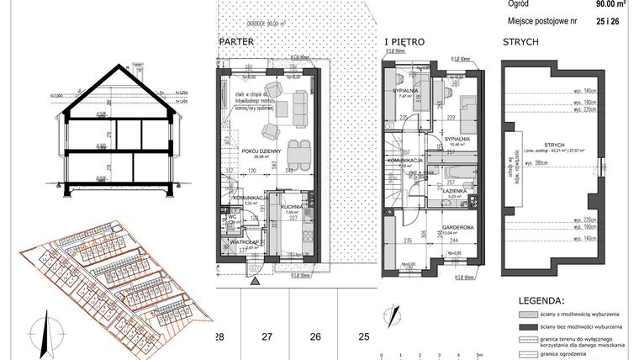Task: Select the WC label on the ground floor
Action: pos(230,218)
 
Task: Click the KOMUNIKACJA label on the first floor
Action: pos(403,160)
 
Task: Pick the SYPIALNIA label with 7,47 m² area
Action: pos(405,91)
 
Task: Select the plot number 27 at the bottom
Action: pos(267,336)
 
